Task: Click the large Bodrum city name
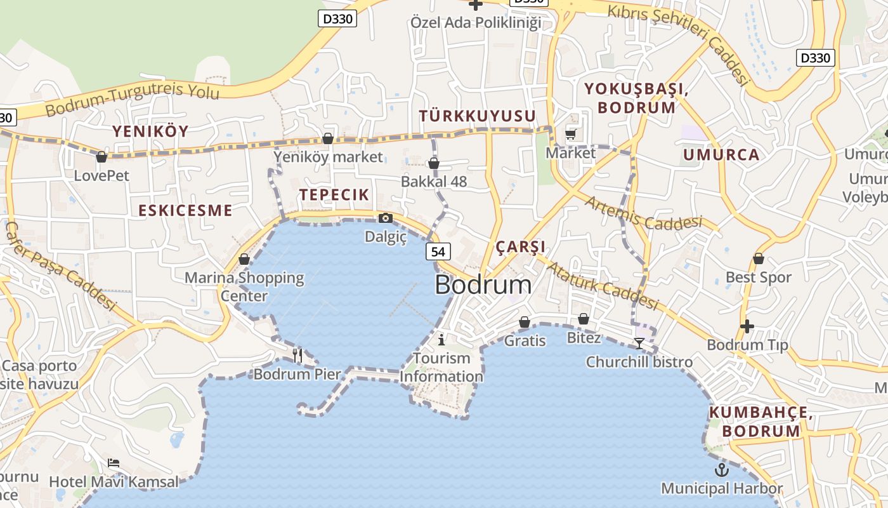tap(483, 284)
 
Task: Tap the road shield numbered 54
tap(438, 251)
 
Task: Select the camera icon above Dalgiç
tap(385, 218)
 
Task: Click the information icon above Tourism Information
tap(441, 339)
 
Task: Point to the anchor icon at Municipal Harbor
tap(721, 470)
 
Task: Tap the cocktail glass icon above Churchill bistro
tap(639, 344)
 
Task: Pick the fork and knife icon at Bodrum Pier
tap(297, 355)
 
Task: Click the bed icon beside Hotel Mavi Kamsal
tap(114, 462)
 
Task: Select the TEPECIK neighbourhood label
tap(334, 195)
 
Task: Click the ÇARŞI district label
tap(520, 246)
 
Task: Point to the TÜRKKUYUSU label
tap(477, 116)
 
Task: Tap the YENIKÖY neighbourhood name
tap(150, 131)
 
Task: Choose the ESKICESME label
tap(185, 210)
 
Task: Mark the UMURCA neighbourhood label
tap(721, 154)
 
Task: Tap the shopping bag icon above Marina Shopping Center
tap(244, 259)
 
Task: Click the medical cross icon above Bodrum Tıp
tap(747, 326)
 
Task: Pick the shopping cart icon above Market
tap(570, 134)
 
